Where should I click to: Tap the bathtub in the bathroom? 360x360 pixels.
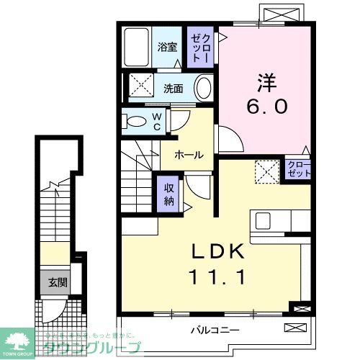[x=135, y=48]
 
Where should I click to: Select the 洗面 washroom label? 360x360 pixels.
[x=172, y=89]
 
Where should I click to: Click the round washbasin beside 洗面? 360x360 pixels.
[x=204, y=89]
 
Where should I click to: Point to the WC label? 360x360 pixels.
[x=156, y=122]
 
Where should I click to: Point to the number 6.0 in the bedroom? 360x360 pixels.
[x=269, y=106]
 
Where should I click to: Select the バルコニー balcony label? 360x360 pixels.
[x=215, y=330]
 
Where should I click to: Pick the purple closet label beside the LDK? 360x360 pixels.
[x=298, y=170]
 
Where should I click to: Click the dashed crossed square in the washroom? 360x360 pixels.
[x=143, y=88]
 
